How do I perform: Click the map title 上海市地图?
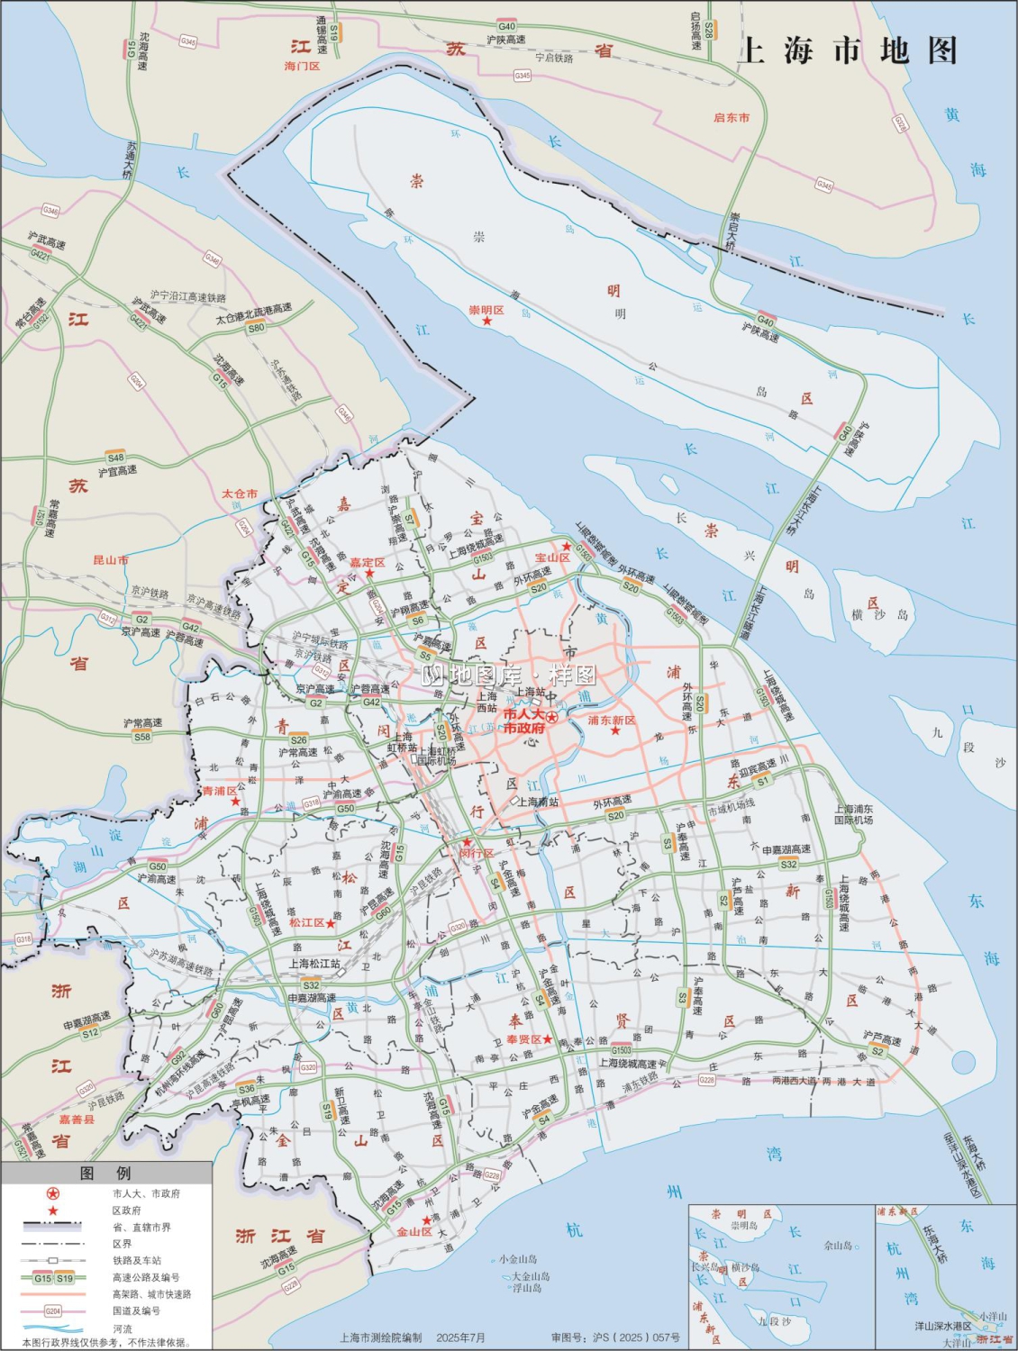pyautogui.click(x=848, y=51)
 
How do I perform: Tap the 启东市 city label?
pyautogui.click(x=731, y=118)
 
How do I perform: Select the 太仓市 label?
pyautogui.click(x=240, y=494)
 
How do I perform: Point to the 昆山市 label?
pyautogui.click(x=110, y=560)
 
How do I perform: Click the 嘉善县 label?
pyautogui.click(x=77, y=1119)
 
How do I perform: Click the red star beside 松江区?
pyautogui.click(x=331, y=923)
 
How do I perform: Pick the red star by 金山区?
pyautogui.click(x=426, y=1220)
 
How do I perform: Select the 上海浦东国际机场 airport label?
pyautogui.click(x=853, y=814)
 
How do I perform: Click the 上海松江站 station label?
pyautogui.click(x=314, y=963)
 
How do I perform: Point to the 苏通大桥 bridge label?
pyautogui.click(x=131, y=159)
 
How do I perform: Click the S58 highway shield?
pyautogui.click(x=142, y=737)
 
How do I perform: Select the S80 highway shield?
pyautogui.click(x=257, y=328)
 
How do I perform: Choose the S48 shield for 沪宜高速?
pyautogui.click(x=115, y=458)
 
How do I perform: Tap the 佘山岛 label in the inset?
pyautogui.click(x=838, y=1246)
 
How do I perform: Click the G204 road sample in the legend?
pyautogui.click(x=53, y=1310)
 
